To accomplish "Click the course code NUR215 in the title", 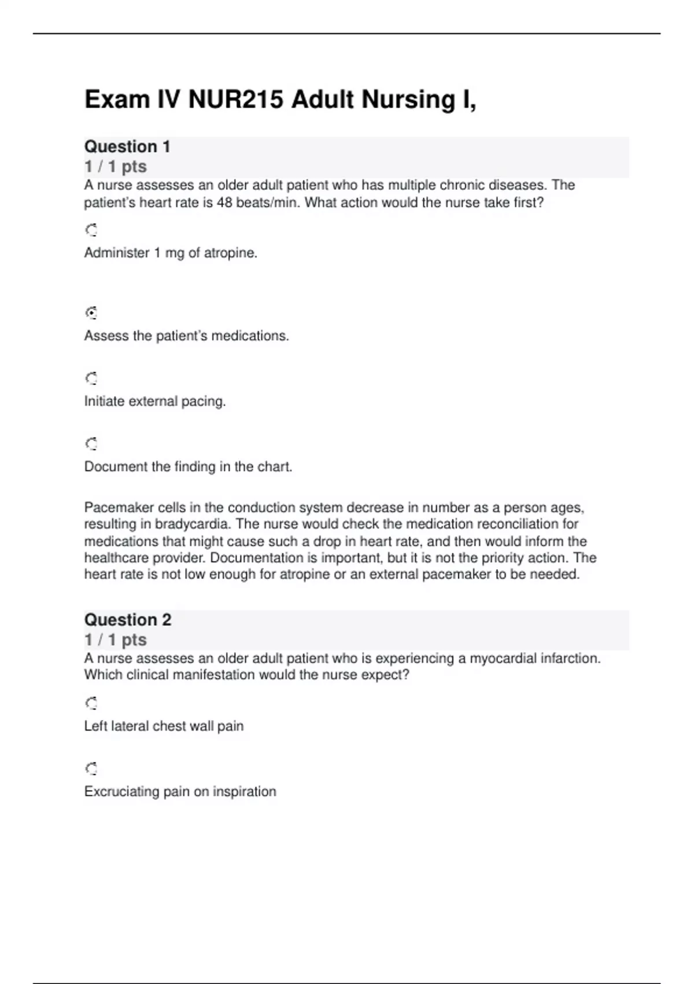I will point(235,100).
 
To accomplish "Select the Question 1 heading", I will point(127,147).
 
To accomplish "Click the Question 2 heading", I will point(128,620).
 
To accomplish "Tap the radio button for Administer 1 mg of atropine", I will point(91,230).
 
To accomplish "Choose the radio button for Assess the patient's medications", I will point(91,313).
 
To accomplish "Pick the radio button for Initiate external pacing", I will point(91,379).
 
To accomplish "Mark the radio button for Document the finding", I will point(91,444).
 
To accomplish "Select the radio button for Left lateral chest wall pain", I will point(91,703).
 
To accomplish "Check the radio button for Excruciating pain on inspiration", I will point(91,769).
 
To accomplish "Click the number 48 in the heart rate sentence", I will point(224,203).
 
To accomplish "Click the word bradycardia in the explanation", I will point(193,524).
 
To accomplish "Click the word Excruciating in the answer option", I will point(121,791).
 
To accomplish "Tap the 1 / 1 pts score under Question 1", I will point(116,167).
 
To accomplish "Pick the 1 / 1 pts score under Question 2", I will point(116,640).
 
